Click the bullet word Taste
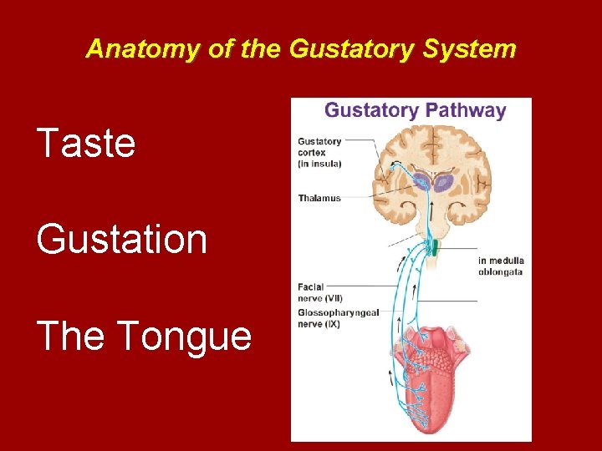(x=85, y=143)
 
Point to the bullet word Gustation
(x=121, y=240)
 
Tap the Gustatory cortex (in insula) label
(x=319, y=152)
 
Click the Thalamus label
(x=319, y=198)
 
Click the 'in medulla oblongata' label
(x=501, y=266)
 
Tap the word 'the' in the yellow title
(x=261, y=49)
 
